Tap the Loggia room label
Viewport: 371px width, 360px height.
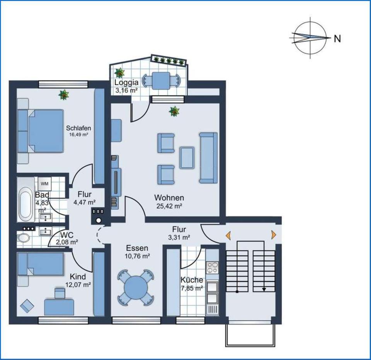tap(125, 83)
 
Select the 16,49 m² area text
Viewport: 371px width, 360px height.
tap(78, 135)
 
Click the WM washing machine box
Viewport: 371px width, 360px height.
tap(44, 183)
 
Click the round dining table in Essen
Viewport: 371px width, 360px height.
tap(137, 287)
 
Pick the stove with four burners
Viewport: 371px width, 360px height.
tap(213, 268)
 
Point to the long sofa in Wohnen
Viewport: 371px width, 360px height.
tap(208, 157)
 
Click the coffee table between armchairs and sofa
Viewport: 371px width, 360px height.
tap(187, 158)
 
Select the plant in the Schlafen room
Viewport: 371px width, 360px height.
tap(64, 94)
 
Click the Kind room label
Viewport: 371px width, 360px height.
tap(78, 277)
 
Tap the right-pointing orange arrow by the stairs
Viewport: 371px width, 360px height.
tap(274, 234)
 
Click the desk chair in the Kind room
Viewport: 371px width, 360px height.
tap(60, 293)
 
